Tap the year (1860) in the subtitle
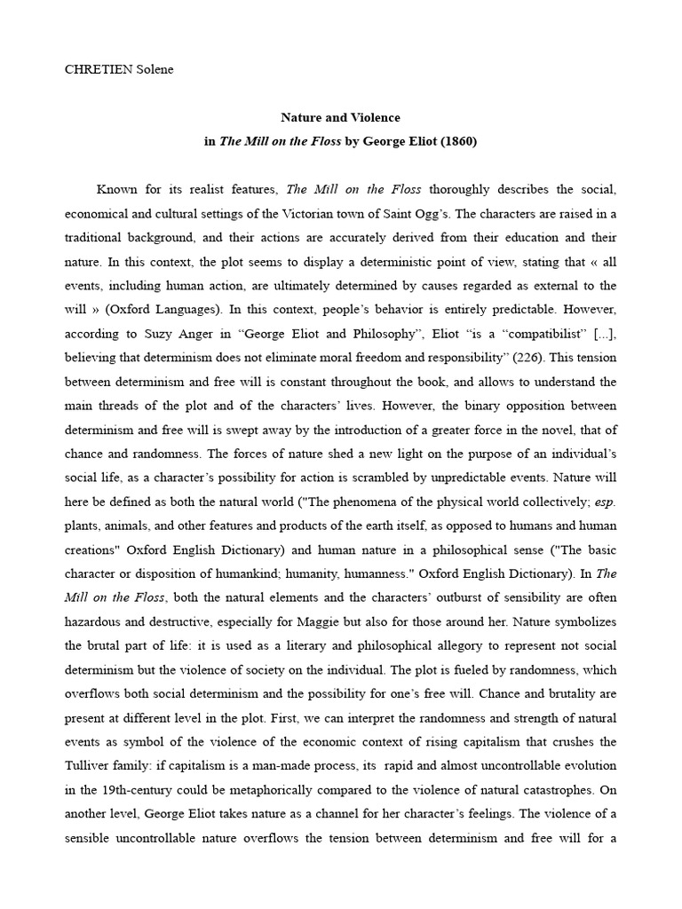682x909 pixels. (x=459, y=140)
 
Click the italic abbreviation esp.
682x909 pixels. (x=605, y=501)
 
